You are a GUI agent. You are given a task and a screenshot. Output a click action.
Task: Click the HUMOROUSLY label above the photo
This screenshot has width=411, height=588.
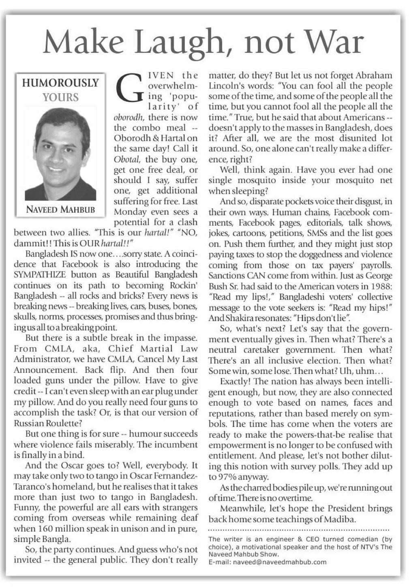(60, 83)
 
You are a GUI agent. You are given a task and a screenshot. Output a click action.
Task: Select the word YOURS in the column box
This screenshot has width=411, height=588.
(60, 97)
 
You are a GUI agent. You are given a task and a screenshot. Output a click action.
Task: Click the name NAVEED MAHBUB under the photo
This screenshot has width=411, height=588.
(60, 209)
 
